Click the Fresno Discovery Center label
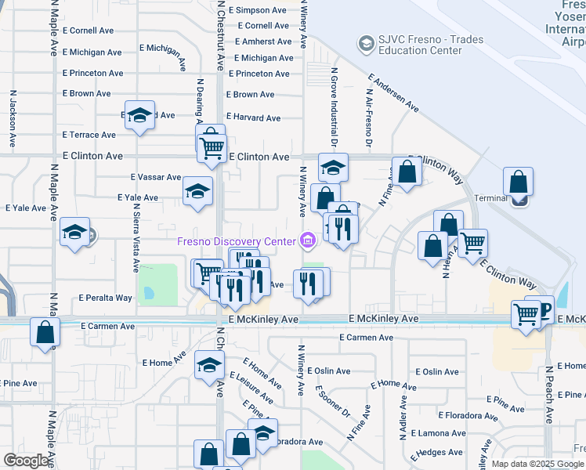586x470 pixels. (237, 240)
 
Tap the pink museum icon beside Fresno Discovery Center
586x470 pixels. (307, 240)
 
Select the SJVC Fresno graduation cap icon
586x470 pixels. (365, 42)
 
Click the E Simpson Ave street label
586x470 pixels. (259, 10)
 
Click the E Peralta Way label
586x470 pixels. (106, 298)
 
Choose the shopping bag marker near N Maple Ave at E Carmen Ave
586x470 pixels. (45, 331)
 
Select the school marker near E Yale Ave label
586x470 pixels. (197, 190)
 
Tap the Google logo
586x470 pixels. (27, 461)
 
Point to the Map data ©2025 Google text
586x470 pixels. (537, 464)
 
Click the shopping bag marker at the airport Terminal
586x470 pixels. (519, 183)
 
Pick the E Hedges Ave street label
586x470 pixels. (440, 453)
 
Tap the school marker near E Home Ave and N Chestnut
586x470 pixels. (209, 364)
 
